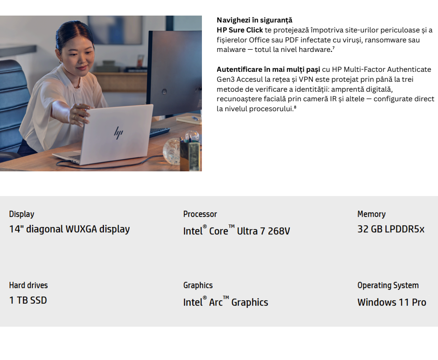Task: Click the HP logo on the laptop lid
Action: click(x=119, y=133)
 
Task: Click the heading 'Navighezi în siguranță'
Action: click(x=255, y=20)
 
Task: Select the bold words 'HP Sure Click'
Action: click(x=240, y=30)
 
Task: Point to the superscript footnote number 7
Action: click(x=333, y=48)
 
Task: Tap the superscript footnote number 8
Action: click(x=295, y=107)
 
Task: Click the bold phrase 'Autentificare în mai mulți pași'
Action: click(x=269, y=70)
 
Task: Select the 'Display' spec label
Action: click(x=22, y=214)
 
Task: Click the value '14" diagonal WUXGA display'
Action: click(x=70, y=229)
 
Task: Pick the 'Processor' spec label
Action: click(x=200, y=214)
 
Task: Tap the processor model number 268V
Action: click(x=279, y=231)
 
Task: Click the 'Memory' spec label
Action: click(x=371, y=214)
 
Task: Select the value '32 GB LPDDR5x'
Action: click(x=391, y=229)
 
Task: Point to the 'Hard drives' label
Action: click(x=29, y=286)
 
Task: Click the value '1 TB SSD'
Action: click(x=28, y=300)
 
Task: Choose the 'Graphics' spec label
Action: click(x=198, y=286)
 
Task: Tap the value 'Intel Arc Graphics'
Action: click(x=226, y=302)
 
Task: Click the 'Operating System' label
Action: click(x=388, y=286)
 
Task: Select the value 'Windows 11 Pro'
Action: click(x=392, y=302)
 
